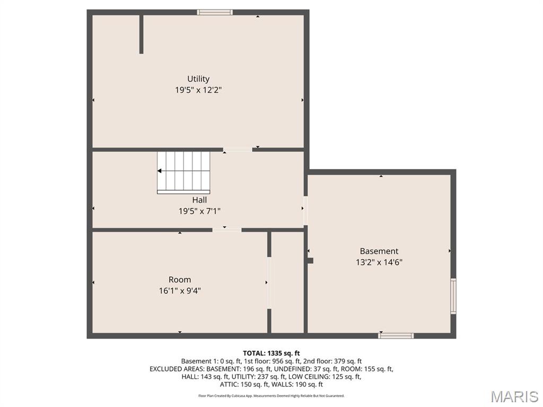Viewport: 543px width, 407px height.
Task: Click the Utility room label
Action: (198, 79)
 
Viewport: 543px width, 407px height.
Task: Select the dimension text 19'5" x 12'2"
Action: (198, 90)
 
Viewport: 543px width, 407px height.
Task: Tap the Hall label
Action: (199, 200)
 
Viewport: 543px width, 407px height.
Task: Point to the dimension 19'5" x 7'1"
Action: (199, 211)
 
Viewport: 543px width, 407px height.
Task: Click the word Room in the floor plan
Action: (180, 280)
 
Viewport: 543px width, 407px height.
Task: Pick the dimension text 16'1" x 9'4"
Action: (180, 291)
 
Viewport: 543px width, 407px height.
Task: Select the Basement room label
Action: (379, 251)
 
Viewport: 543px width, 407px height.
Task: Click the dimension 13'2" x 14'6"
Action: (379, 262)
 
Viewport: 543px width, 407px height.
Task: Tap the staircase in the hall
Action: (183, 172)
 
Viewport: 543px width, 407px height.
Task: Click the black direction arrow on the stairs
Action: (160, 171)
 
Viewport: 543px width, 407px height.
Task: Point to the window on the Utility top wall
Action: (215, 12)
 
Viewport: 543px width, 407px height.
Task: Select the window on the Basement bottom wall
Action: (396, 335)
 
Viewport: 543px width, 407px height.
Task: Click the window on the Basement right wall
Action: (453, 296)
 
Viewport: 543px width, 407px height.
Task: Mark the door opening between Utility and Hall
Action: (238, 150)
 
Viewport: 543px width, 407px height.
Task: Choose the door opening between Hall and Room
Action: (227, 230)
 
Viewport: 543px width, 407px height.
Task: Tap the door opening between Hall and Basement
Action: (305, 211)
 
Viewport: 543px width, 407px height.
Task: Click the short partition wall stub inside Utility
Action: (141, 34)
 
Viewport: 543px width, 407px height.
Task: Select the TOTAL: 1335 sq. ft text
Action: (271, 353)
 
